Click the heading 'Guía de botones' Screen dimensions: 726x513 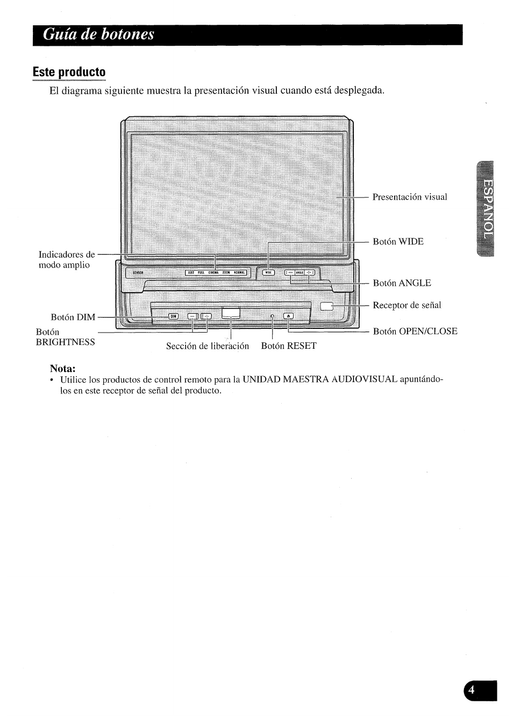coord(99,34)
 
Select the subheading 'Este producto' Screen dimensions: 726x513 coord(69,72)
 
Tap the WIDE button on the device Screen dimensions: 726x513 coord(268,272)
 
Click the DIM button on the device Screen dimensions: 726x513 coord(173,316)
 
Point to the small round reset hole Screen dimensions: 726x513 coord(273,316)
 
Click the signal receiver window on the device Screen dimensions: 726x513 coord(327,306)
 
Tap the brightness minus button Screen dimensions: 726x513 coord(193,316)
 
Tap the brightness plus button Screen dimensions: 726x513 coord(206,316)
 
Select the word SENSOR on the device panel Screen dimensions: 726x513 coord(138,273)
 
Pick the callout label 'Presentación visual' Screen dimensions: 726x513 coord(409,197)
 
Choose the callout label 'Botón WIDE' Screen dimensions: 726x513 coord(398,242)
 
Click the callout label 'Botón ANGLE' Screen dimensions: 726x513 coord(402,283)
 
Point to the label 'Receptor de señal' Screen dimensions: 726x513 coord(407,305)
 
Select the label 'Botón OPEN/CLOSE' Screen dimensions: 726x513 coord(415,332)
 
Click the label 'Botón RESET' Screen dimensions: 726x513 coord(288,346)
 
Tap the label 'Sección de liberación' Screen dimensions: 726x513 coord(207,346)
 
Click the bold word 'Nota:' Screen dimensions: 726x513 coord(62,369)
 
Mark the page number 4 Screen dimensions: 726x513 coord(472,691)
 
